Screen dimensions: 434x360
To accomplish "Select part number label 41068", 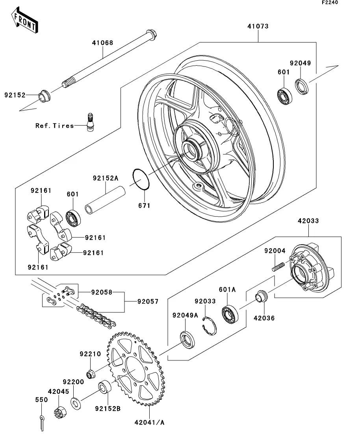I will point(103,42).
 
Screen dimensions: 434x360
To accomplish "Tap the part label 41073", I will point(258,27).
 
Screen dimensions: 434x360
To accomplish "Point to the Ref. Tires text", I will point(55,126).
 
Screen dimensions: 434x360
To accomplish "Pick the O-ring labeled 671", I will point(141,179).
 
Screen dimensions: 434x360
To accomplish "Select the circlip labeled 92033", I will point(209,325).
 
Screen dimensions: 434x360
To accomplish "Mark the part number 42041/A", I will point(150,423).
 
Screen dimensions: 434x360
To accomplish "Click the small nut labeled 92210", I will point(90,374).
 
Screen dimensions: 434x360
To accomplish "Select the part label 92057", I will point(148,302).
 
